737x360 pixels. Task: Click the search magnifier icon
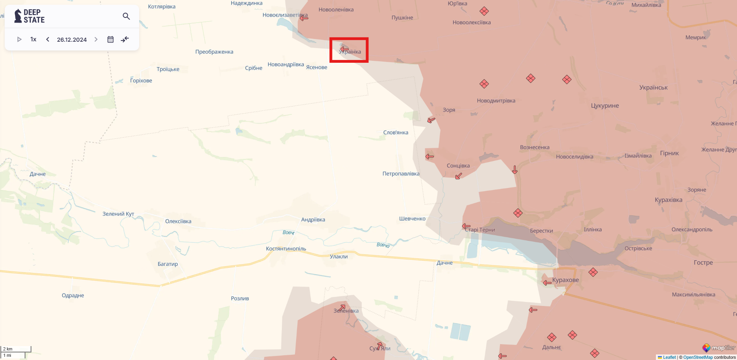click(x=126, y=16)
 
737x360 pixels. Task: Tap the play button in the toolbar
click(x=19, y=39)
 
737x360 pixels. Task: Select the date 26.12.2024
click(x=72, y=40)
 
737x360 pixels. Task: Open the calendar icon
click(x=111, y=39)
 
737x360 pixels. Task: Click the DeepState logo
click(x=29, y=16)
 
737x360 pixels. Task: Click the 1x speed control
click(x=33, y=39)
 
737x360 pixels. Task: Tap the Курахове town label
click(x=565, y=280)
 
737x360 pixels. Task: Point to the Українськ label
click(x=653, y=87)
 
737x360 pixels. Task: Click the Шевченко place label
click(x=412, y=219)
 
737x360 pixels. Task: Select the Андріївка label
click(x=313, y=220)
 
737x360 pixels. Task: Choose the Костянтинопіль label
click(x=286, y=249)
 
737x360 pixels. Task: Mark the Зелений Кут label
click(x=118, y=214)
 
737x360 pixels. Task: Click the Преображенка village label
click(x=214, y=52)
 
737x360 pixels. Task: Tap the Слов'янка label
click(x=396, y=133)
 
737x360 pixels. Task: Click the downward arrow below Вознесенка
click(x=515, y=170)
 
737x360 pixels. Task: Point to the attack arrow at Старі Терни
click(x=466, y=226)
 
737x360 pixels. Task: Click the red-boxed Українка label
click(x=350, y=52)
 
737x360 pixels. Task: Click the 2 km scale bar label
click(x=8, y=349)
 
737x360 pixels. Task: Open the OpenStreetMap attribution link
click(x=698, y=357)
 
